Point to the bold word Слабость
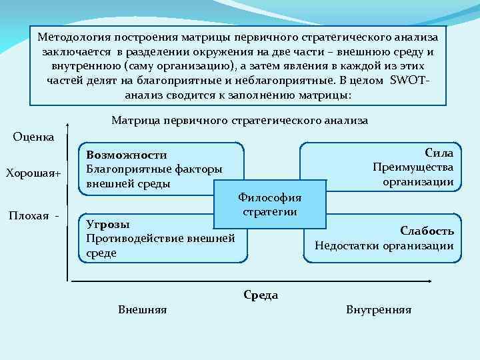pyautogui.click(x=427, y=231)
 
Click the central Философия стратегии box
pyautogui.click(x=270, y=205)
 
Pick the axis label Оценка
pyautogui.click(x=34, y=136)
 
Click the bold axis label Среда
pyautogui.click(x=261, y=295)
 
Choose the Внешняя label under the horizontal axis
pyautogui.click(x=142, y=310)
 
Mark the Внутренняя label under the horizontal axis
pyautogui.click(x=379, y=310)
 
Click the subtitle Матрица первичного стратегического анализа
pyautogui.click(x=239, y=121)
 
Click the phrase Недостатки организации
pyautogui.click(x=384, y=246)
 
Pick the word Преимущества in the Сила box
pyautogui.click(x=413, y=167)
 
